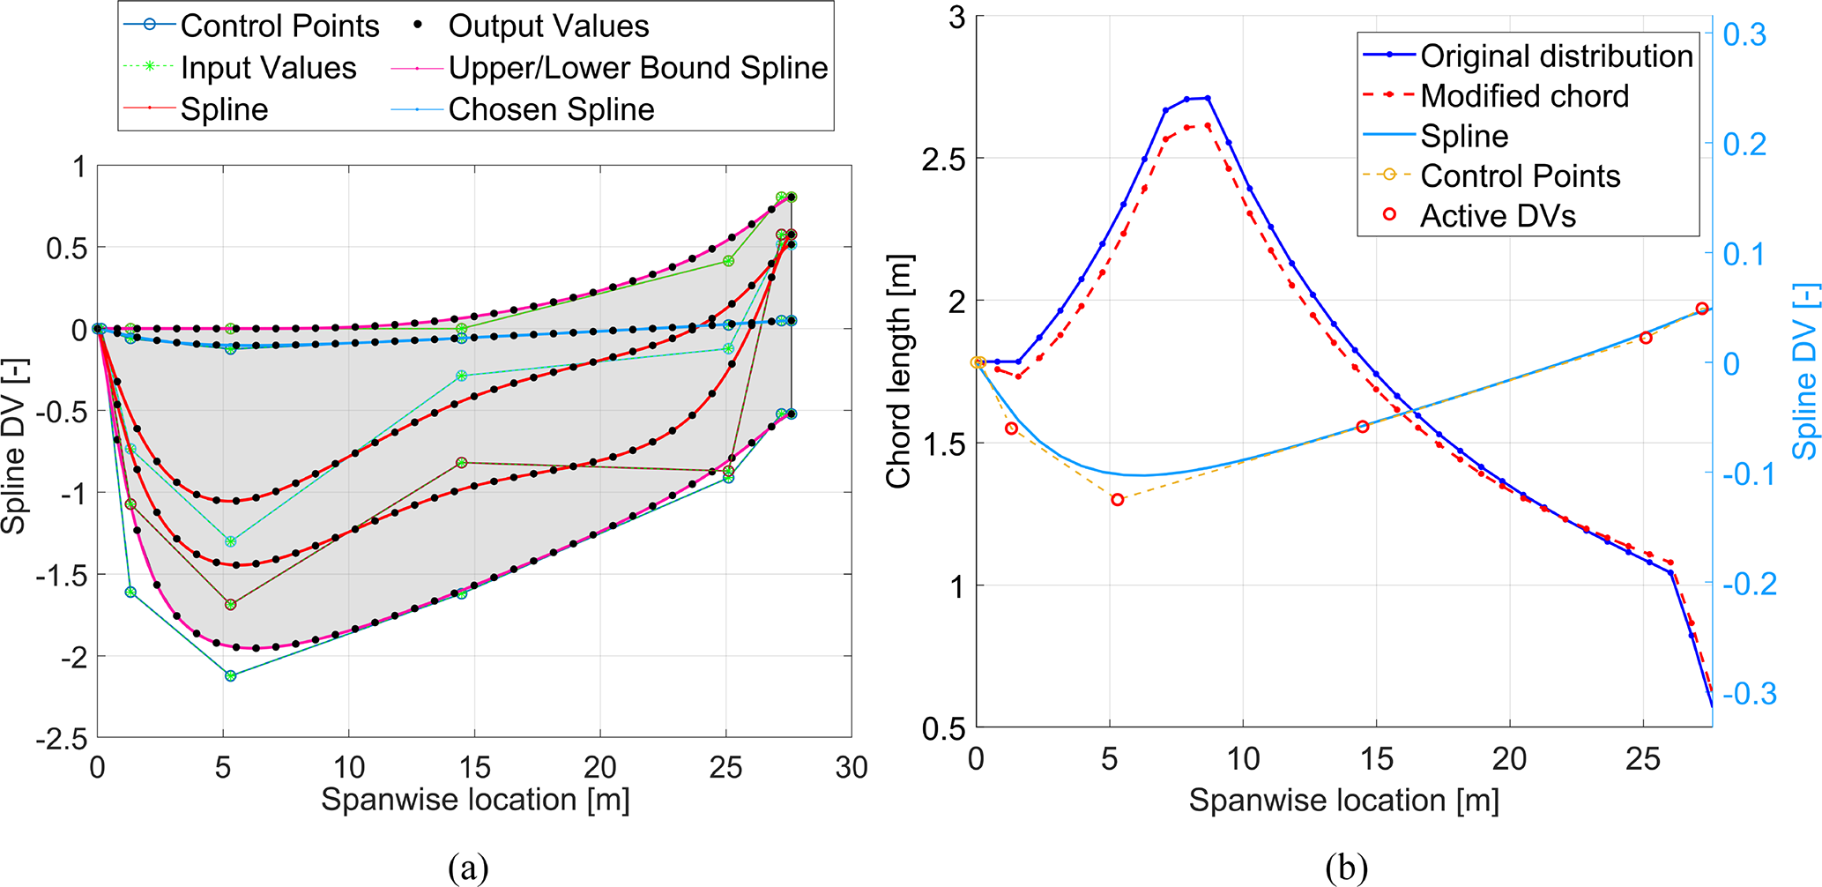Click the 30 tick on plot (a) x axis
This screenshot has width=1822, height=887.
(851, 768)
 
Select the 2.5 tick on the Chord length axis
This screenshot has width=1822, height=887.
(942, 159)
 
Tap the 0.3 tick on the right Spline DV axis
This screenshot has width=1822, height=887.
(1744, 35)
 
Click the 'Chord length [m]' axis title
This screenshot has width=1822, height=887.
(898, 371)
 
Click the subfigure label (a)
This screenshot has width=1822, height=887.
(467, 868)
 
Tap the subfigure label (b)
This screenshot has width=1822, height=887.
(1345, 868)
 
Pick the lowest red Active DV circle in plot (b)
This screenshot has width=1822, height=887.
(1118, 500)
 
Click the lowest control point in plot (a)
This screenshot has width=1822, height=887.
(230, 676)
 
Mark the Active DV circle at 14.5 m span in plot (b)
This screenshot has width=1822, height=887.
(1363, 427)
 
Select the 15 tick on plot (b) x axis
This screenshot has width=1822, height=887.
(1376, 759)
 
